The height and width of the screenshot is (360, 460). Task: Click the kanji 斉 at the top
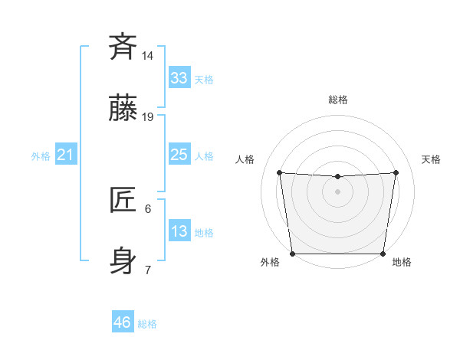[123, 47]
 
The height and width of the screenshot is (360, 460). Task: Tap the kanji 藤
[123, 110]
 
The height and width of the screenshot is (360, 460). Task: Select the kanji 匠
[123, 201]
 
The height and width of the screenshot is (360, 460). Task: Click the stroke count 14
[148, 55]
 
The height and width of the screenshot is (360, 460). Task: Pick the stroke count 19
[148, 117]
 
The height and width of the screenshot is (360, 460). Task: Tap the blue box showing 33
[179, 78]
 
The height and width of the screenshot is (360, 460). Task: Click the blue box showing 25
[179, 155]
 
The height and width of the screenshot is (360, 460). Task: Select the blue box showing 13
[179, 231]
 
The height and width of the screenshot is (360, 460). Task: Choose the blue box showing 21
[65, 155]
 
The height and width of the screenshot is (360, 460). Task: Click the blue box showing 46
[123, 322]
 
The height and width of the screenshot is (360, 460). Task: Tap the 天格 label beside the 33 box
[204, 80]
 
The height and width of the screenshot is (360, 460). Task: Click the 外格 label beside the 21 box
[41, 156]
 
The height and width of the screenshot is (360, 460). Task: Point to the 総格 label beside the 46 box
[147, 324]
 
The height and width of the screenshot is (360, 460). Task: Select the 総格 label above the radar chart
[338, 100]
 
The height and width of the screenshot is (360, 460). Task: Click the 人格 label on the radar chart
[245, 159]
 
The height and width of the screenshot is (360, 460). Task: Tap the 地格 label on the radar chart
[402, 262]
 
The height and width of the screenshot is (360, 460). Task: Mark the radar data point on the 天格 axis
[396, 172]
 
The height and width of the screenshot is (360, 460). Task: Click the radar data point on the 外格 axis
[292, 254]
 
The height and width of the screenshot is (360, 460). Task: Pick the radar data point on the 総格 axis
[337, 177]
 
